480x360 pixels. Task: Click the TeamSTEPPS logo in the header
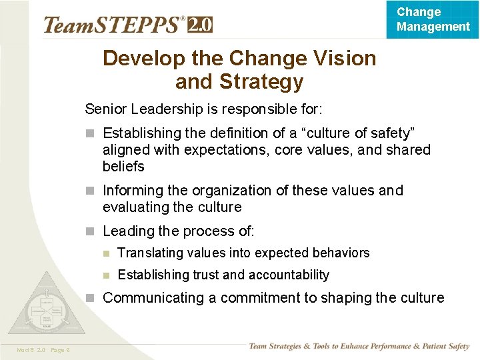pos(113,25)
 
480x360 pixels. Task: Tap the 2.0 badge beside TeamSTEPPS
pos(200,25)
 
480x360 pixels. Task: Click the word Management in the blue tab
pos(433,27)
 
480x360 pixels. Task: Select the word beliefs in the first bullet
pos(123,166)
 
